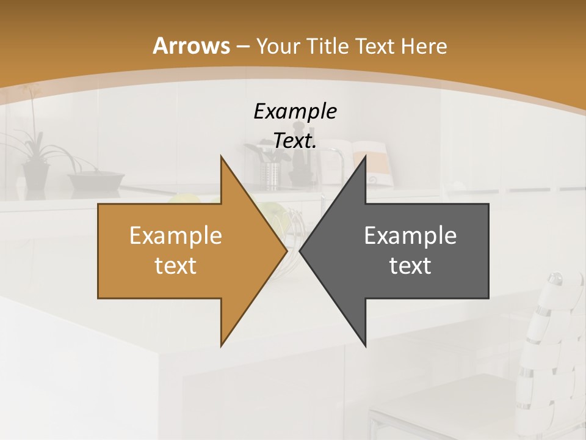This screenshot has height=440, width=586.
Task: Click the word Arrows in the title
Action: [x=192, y=46]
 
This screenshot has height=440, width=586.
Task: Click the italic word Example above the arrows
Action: [x=295, y=111]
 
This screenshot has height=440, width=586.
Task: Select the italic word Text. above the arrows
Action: [x=295, y=141]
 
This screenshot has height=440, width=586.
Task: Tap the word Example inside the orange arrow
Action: [x=175, y=236]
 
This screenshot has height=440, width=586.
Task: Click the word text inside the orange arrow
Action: [x=175, y=265]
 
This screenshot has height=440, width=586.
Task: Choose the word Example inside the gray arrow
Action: [x=410, y=236]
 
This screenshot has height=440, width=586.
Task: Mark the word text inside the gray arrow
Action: [x=410, y=265]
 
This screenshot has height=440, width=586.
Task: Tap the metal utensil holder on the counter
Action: [x=270, y=174]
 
